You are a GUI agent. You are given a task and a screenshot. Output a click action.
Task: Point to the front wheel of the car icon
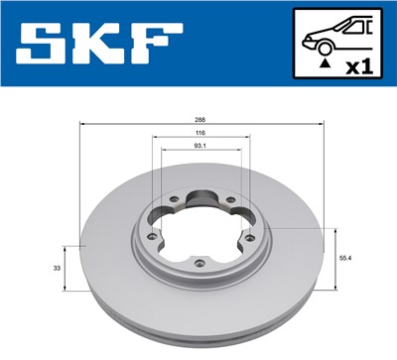(321, 45)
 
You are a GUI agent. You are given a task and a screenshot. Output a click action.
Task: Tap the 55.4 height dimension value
(346, 257)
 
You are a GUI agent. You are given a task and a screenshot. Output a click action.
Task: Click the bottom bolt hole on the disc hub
(200, 262)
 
